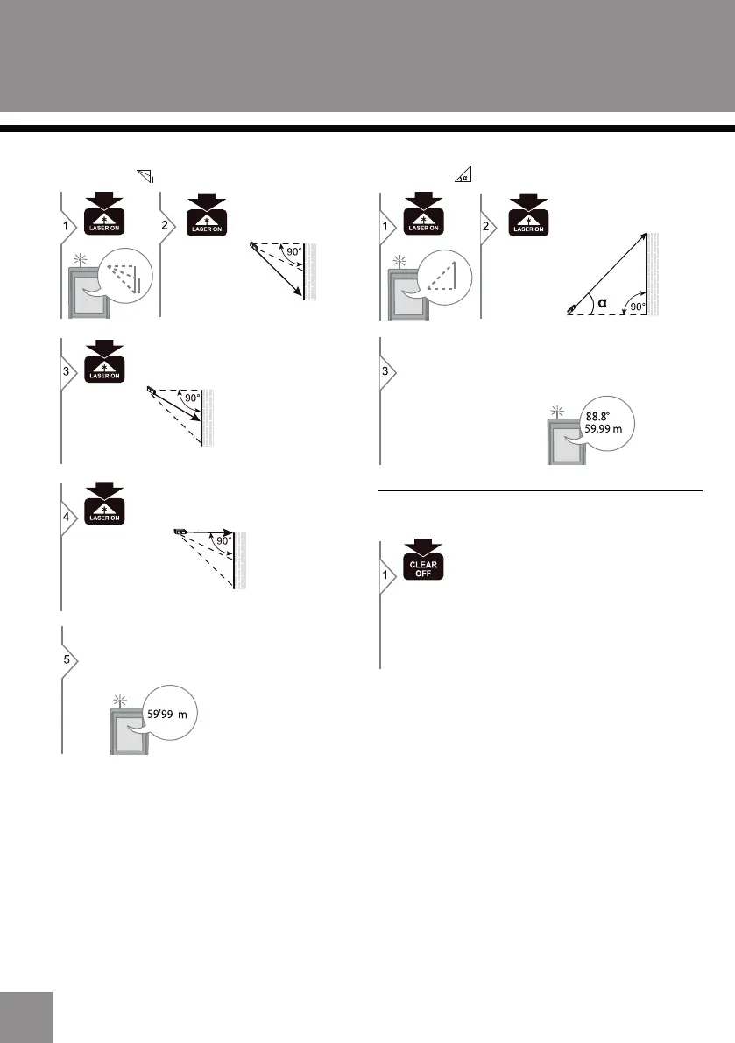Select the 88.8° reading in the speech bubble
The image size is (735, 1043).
point(599,417)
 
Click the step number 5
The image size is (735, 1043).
point(67,659)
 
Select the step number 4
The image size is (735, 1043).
point(67,517)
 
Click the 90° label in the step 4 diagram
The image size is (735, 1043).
point(224,541)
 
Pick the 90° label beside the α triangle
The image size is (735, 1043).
point(635,307)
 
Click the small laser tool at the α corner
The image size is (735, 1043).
point(572,307)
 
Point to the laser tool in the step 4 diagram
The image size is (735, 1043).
point(180,531)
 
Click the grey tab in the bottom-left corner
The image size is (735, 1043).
point(26,1017)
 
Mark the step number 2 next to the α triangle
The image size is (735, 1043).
point(488,223)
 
